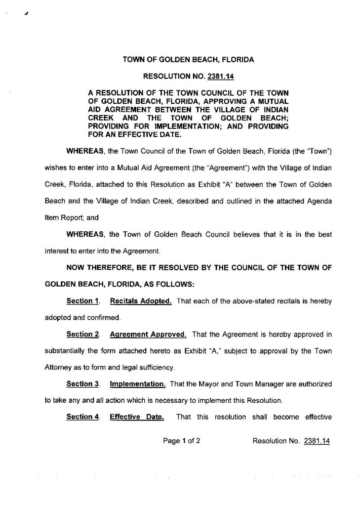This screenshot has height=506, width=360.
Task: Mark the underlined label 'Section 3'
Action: tap(80, 383)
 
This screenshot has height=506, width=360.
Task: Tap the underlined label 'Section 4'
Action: tap(80, 417)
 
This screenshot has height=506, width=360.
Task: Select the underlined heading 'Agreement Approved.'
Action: tap(148, 334)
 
